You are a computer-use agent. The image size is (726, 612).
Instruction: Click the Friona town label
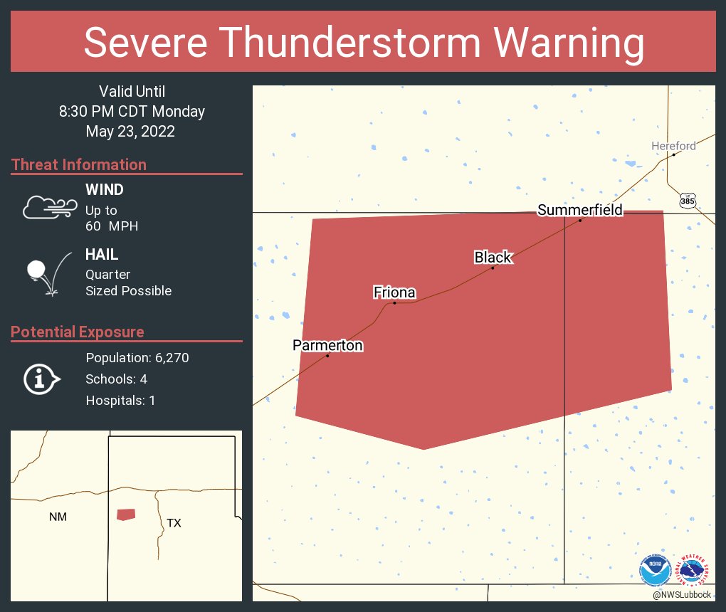point(394,292)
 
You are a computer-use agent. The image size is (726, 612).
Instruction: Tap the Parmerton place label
point(327,345)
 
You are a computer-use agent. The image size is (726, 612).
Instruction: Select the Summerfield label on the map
point(580,209)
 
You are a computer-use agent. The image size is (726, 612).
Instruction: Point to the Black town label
point(493,257)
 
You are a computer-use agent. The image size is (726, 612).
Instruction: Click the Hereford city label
point(673,146)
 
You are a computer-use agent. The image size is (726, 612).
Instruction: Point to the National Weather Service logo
point(695,571)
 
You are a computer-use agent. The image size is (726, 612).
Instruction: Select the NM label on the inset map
point(58,517)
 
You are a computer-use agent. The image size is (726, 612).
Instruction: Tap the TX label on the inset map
point(174,523)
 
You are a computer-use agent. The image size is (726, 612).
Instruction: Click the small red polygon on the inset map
point(126,515)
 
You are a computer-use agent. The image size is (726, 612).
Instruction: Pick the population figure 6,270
point(169,357)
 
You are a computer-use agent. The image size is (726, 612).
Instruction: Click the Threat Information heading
point(79,164)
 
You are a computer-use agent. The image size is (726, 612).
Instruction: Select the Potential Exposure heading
point(78,332)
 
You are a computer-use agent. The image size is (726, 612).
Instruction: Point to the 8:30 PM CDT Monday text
point(132,111)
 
